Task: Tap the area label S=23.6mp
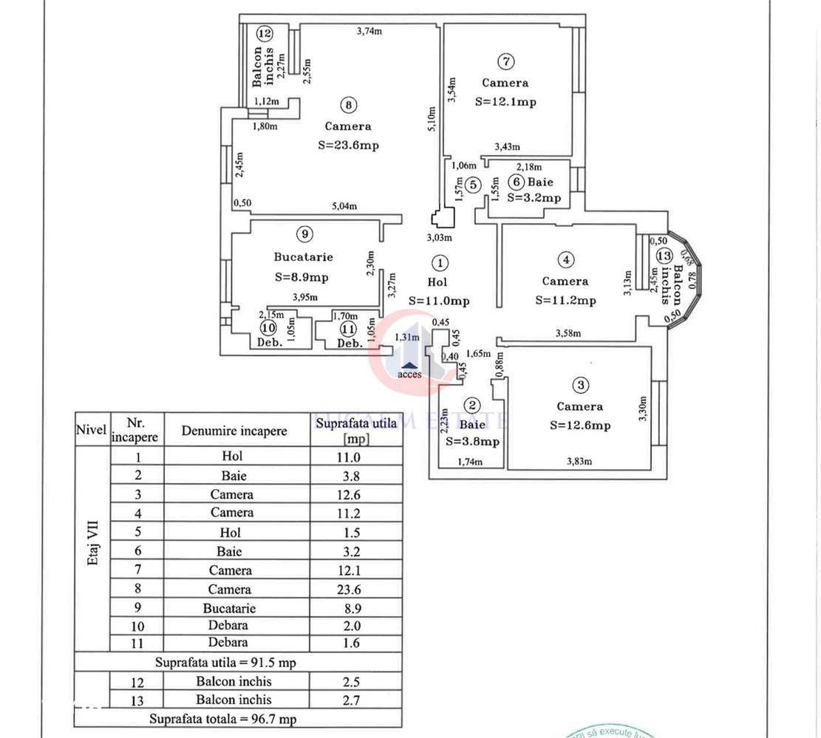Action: (348, 146)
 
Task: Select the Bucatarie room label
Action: (303, 257)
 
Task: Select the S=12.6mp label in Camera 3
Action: (580, 426)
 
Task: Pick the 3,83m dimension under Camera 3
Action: (580, 462)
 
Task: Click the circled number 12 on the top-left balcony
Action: (265, 33)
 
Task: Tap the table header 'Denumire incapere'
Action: (234, 431)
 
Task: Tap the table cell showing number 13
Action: (138, 700)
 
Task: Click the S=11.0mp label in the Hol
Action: (439, 301)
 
